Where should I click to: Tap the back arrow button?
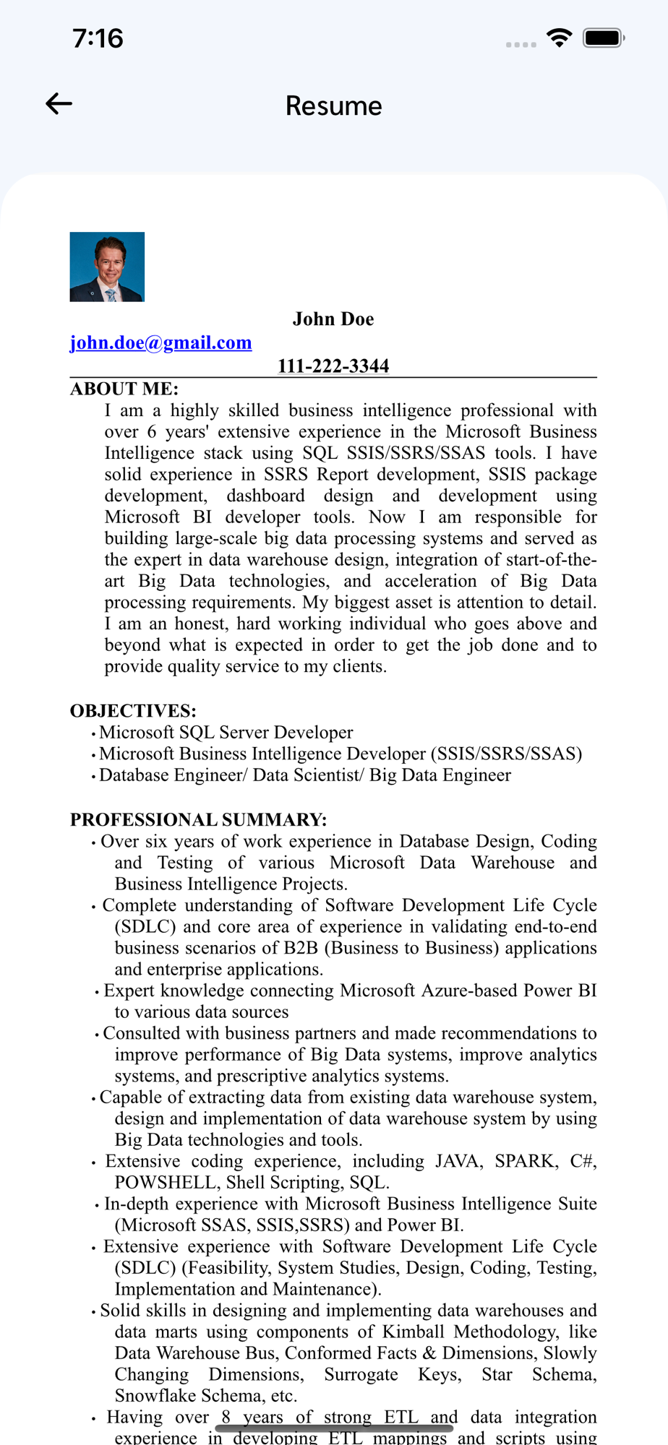59,104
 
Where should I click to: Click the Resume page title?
333,106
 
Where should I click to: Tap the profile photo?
107,267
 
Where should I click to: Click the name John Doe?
333,319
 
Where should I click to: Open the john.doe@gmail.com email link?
160,342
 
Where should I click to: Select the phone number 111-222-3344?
333,366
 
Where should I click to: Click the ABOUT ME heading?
124,389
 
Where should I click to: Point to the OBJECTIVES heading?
133,711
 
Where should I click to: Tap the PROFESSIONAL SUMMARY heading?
198,820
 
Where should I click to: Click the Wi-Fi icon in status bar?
559,38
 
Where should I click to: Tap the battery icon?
604,38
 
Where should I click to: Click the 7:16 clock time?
98,38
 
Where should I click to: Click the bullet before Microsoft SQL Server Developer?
93,734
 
